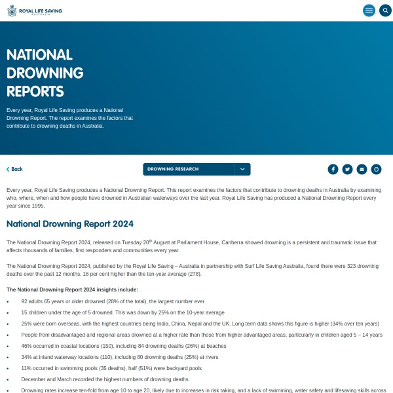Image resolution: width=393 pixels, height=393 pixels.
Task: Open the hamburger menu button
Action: click(x=369, y=10)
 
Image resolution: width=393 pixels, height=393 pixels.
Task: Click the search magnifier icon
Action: click(x=385, y=10)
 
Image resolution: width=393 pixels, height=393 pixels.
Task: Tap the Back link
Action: click(x=14, y=169)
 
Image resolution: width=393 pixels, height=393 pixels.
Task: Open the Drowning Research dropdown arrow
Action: click(x=242, y=169)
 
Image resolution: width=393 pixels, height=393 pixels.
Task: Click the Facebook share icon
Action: click(x=333, y=169)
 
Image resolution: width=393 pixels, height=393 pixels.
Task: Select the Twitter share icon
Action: click(x=347, y=169)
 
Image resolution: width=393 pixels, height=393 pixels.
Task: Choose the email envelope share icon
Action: click(x=362, y=169)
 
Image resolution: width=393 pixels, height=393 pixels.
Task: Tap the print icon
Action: click(x=376, y=169)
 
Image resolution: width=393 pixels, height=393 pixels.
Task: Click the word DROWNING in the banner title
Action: click(x=45, y=73)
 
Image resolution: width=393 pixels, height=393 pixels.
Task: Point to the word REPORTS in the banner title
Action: click(x=35, y=91)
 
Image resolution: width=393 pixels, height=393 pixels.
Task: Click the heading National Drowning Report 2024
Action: click(x=70, y=224)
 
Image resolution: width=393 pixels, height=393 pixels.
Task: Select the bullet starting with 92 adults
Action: click(x=113, y=301)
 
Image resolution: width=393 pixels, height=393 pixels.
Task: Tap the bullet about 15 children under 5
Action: click(x=122, y=312)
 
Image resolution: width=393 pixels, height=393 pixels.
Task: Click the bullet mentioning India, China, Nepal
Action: click(x=200, y=324)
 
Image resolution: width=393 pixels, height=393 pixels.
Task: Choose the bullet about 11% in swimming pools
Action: click(x=112, y=368)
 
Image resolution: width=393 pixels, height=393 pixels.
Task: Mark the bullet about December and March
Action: click(x=104, y=379)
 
